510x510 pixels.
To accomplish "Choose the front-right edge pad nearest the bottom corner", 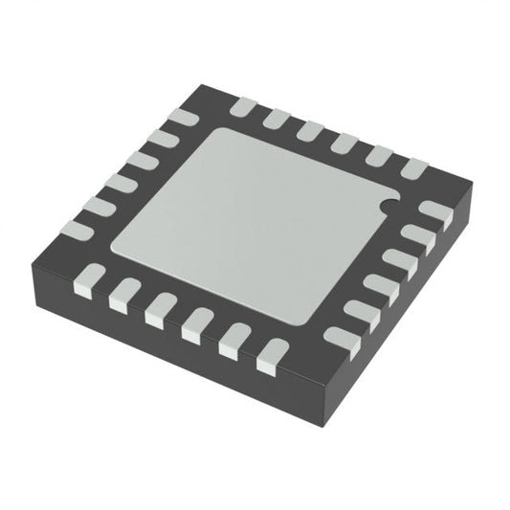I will (339, 338).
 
